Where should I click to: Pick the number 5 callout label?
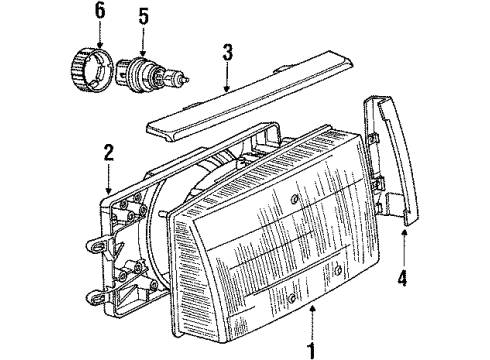coord(143,15)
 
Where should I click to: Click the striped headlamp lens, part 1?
coord(285,240)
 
